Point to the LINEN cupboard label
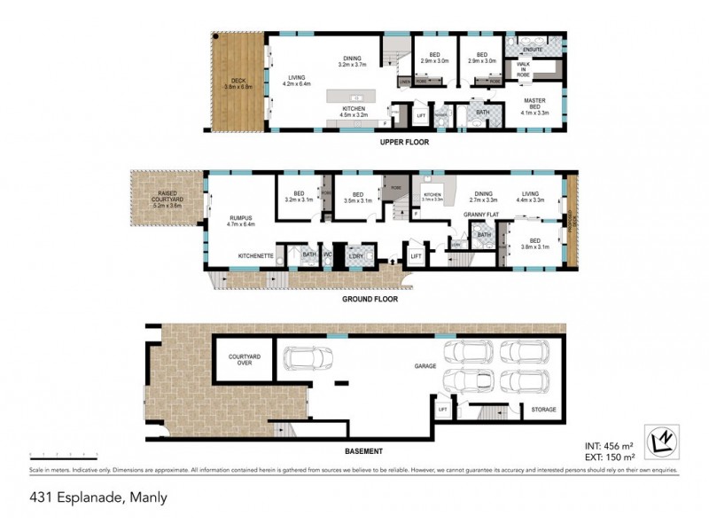click(404, 82)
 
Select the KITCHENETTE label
click(255, 255)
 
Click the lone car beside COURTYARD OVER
click(307, 359)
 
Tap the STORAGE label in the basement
click(543, 410)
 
